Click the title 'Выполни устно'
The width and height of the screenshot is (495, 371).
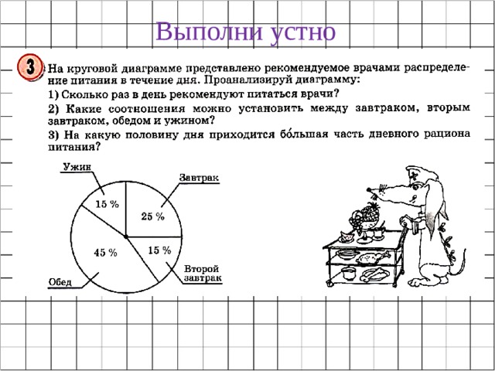(246, 32)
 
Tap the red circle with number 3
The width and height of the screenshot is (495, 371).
(31, 67)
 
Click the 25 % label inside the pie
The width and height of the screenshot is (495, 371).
(152, 216)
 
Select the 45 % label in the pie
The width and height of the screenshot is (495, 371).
(105, 253)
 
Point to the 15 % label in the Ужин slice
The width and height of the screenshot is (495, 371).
(107, 204)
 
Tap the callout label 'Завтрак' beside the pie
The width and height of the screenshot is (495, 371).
(200, 178)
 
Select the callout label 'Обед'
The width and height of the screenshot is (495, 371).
(60, 281)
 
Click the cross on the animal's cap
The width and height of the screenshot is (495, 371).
(416, 175)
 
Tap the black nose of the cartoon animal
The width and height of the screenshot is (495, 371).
(372, 188)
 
